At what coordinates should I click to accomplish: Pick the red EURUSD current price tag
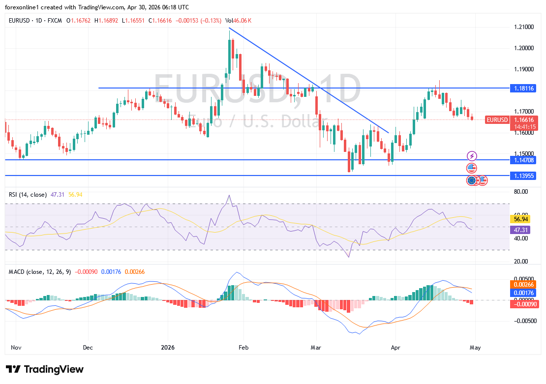(x=497, y=119)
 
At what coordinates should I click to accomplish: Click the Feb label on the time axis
(x=243, y=347)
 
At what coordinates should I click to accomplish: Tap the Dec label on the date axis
(x=88, y=347)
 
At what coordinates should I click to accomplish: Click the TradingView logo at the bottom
(x=45, y=369)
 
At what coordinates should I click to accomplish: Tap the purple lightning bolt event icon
(x=472, y=156)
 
